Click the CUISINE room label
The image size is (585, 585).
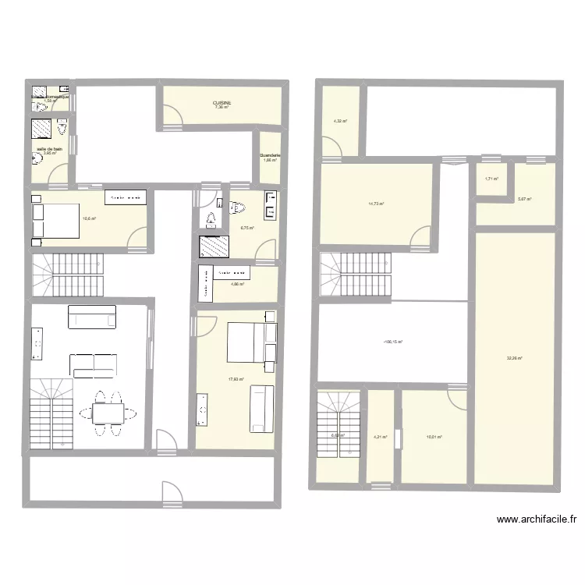click(x=222, y=102)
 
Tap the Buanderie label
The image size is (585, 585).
click(x=270, y=155)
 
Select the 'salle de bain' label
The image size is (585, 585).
click(x=48, y=148)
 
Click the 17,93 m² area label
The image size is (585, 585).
click(x=236, y=380)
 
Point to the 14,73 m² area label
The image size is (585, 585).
click(x=376, y=204)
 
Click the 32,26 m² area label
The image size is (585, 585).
click(x=514, y=358)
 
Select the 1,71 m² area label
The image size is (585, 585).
click(x=491, y=179)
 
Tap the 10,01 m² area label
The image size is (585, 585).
click(x=433, y=437)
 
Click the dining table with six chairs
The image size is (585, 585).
click(x=108, y=412)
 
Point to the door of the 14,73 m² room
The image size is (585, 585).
click(x=420, y=236)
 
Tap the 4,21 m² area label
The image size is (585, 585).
click(x=381, y=437)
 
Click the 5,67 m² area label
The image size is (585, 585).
click(x=524, y=199)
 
